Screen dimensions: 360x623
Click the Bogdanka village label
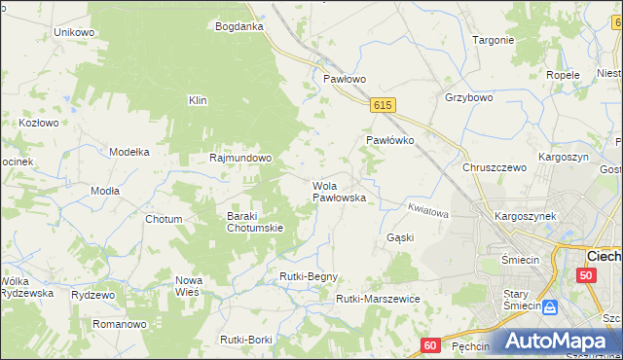[x=239, y=26]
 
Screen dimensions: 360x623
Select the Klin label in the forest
[x=199, y=99]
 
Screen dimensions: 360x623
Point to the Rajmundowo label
[x=240, y=157]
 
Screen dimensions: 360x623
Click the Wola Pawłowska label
[x=338, y=191]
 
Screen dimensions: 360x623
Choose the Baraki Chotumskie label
[x=254, y=222]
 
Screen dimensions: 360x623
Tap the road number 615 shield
[x=383, y=105]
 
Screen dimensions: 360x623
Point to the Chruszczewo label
[x=495, y=167]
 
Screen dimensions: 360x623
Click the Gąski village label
[x=400, y=237]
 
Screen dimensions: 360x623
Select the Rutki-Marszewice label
[x=378, y=299]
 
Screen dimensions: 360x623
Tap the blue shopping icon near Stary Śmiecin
[x=550, y=306]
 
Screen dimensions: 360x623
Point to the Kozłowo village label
[x=40, y=123]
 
